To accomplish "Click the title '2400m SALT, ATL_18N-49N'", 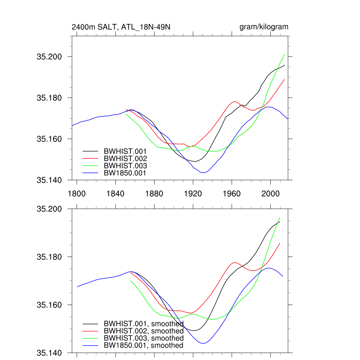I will tap(121, 27).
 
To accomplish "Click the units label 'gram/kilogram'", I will tap(264, 27).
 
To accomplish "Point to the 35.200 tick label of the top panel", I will tap(49, 57).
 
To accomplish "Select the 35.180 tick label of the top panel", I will tap(49, 98).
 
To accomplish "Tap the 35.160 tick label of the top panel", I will tap(49, 139).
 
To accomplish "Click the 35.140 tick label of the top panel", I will tap(49, 180).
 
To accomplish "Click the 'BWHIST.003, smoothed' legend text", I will tap(143, 338).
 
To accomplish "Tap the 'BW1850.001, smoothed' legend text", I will tap(143, 345).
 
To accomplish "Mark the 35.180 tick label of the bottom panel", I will tap(49, 257).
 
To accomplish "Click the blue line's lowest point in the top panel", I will tap(203, 173).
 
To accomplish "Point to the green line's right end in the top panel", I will tap(284, 54).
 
